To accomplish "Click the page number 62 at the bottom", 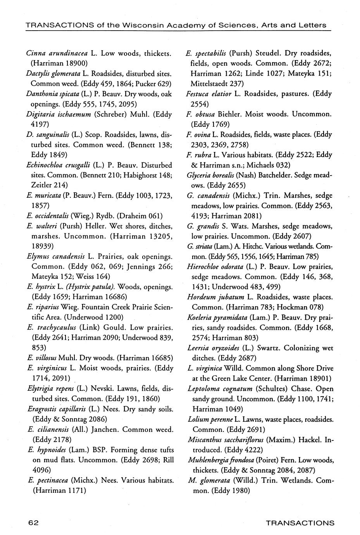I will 33,523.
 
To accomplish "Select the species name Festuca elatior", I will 208,93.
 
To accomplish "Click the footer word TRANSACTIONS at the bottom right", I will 300,523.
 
